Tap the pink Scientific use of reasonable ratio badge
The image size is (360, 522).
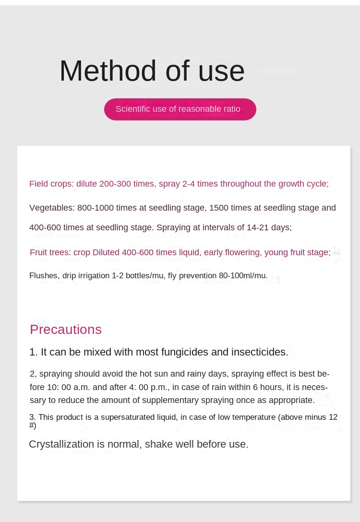point(180,109)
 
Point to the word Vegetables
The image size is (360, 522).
point(52,208)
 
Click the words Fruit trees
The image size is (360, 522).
point(50,252)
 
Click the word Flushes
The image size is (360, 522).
point(44,276)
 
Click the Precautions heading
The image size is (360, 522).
point(66,330)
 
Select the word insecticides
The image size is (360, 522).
point(260,352)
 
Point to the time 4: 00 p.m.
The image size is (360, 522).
point(149,387)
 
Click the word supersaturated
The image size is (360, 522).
point(128,417)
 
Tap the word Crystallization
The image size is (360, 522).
point(61,444)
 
